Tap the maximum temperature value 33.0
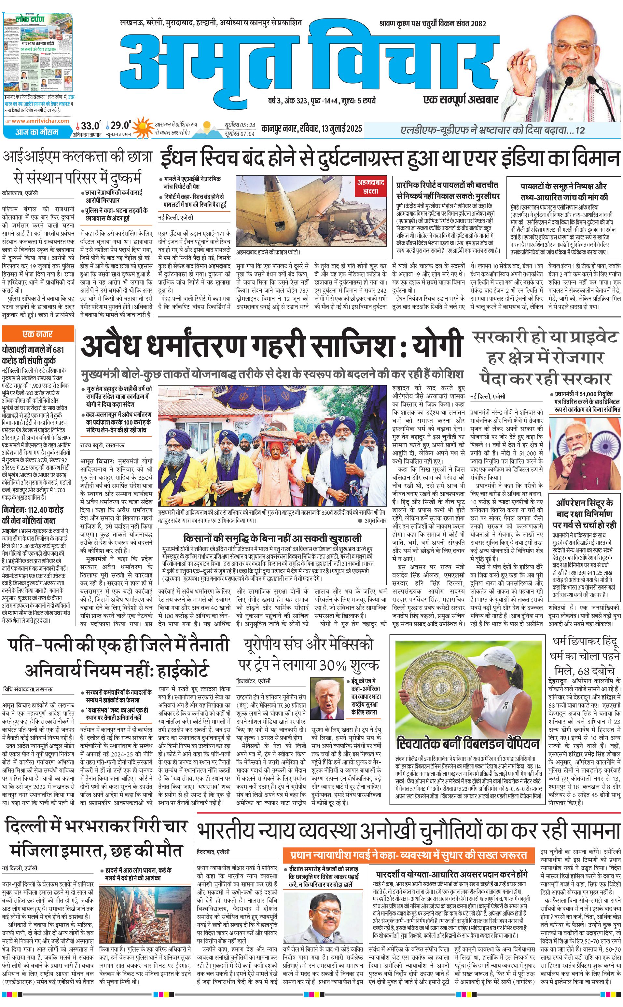click(x=90, y=126)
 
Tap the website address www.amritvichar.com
click(x=40, y=121)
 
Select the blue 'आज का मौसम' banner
click(x=37, y=132)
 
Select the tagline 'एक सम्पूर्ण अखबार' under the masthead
click(x=461, y=99)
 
